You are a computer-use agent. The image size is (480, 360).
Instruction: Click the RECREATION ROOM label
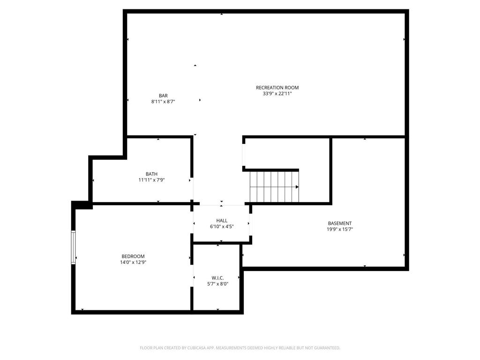click(277, 88)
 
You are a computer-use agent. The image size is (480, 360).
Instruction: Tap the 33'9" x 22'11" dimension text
click(277, 94)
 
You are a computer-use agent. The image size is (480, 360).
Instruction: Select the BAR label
click(163, 96)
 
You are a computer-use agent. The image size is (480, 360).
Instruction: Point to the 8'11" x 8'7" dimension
click(163, 102)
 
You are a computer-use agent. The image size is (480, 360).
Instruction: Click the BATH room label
click(151, 174)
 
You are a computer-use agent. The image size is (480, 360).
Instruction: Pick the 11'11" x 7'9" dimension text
click(151, 180)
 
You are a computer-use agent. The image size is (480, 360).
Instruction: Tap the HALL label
click(222, 220)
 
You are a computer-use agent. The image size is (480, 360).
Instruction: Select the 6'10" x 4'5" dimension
click(222, 226)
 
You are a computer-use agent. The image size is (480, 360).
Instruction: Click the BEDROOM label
click(133, 256)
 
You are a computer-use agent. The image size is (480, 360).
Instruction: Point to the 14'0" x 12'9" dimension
click(133, 262)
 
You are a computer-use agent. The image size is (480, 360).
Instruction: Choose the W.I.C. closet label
click(217, 278)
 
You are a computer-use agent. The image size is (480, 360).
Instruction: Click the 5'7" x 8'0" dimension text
click(217, 284)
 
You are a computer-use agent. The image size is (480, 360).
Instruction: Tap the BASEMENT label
click(340, 224)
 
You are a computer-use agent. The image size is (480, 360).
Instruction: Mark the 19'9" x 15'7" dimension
click(340, 230)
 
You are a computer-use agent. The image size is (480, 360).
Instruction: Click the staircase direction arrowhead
click(297, 187)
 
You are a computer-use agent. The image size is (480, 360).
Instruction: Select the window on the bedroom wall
click(73, 247)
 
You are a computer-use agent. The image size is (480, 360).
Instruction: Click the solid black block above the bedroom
click(81, 204)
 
